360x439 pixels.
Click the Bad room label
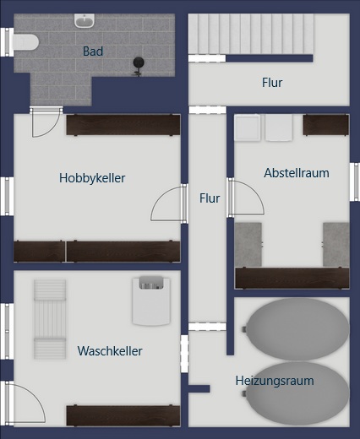pyautogui.click(x=93, y=51)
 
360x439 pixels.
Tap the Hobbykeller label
pyautogui.click(x=92, y=178)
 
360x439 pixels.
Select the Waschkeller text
pyautogui.click(x=110, y=350)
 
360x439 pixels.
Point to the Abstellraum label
pyautogui.click(x=296, y=173)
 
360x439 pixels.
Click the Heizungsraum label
pyautogui.click(x=274, y=381)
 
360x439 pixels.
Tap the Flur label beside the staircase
pyautogui.click(x=271, y=83)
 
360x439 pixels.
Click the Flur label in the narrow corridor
pyautogui.click(x=210, y=198)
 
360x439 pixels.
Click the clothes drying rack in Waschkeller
pyautogui.click(x=49, y=319)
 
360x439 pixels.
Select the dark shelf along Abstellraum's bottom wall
pyautogui.click(x=292, y=278)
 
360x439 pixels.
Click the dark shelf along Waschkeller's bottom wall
pyautogui.click(x=123, y=415)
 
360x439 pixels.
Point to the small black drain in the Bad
pyautogui.click(x=139, y=62)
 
